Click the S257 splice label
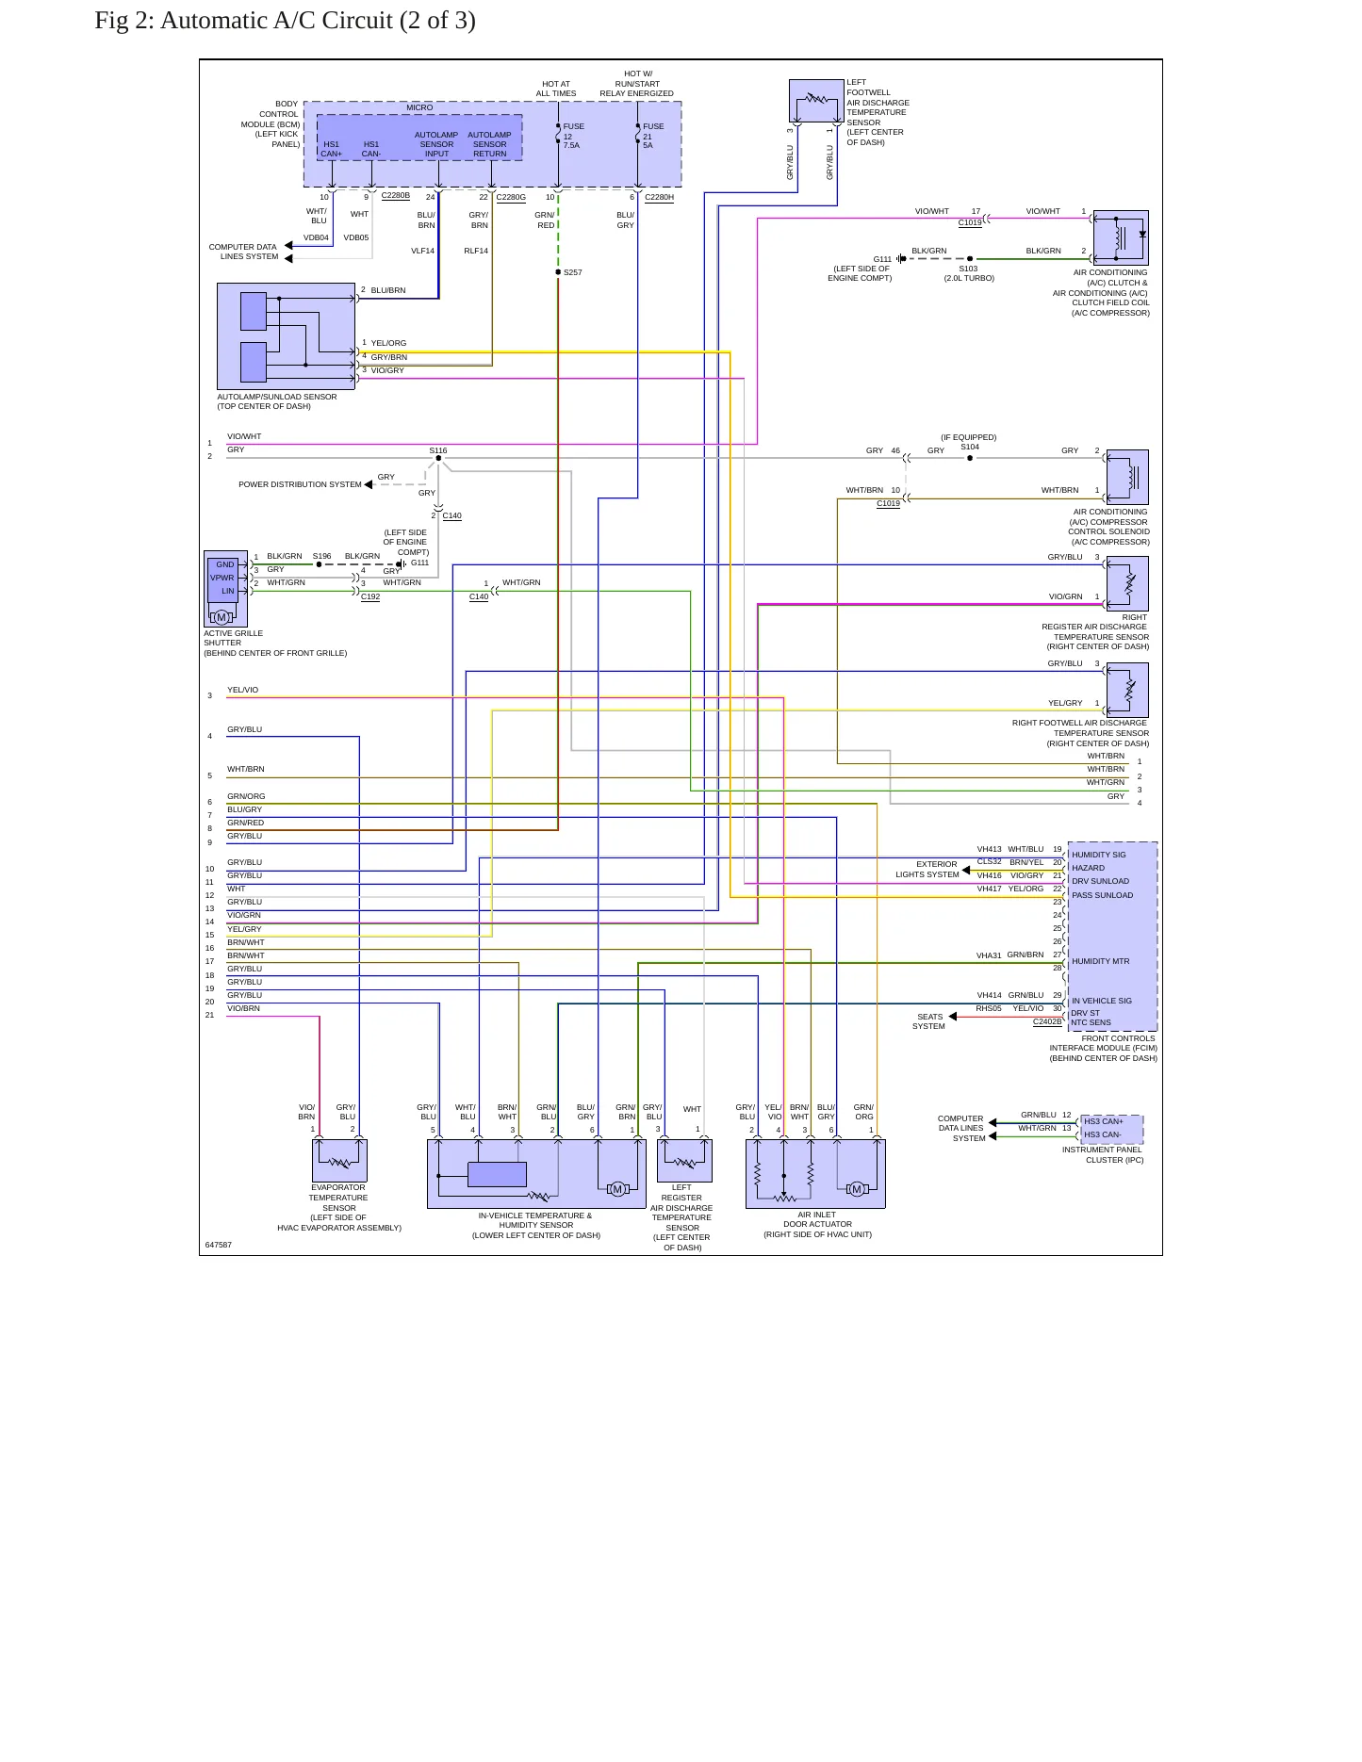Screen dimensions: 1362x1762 click(x=572, y=272)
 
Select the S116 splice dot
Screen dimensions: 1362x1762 click(x=438, y=459)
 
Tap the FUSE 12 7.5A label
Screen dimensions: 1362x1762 click(x=573, y=136)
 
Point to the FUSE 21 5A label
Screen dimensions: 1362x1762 click(x=653, y=136)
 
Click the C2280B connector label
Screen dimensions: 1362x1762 click(x=395, y=196)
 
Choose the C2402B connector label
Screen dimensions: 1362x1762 click(x=1047, y=1021)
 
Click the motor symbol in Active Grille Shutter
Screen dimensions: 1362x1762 click(x=222, y=617)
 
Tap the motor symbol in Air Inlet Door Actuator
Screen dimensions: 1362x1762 click(x=857, y=1188)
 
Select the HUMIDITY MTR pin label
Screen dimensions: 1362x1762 click(x=1100, y=961)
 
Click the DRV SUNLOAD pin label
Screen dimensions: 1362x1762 click(x=1100, y=881)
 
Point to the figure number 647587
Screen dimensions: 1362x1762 click(x=218, y=1245)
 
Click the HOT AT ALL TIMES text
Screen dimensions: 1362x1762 click(x=556, y=89)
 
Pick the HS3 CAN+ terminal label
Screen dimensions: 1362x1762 click(x=1103, y=1121)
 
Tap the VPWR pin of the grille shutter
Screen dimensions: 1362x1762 click(x=222, y=578)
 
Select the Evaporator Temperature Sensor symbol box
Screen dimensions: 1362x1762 click(x=339, y=1160)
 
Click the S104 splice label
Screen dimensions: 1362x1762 click(x=970, y=447)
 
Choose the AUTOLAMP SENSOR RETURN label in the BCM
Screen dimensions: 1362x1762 click(x=490, y=144)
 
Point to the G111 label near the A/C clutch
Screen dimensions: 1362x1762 click(x=882, y=259)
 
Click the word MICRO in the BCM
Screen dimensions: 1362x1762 click(x=419, y=107)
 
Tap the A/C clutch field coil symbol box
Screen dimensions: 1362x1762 click(x=1121, y=237)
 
